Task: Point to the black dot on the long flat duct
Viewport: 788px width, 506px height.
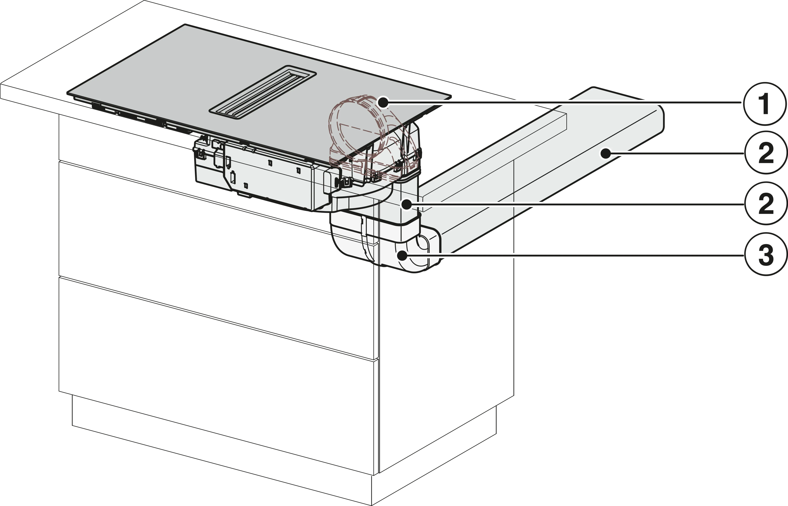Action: click(x=605, y=153)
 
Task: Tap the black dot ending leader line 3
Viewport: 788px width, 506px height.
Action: click(x=402, y=255)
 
